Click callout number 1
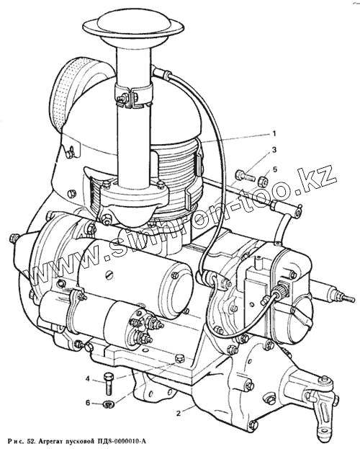pos(274,134)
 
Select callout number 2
pos(179,414)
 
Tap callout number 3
pos(274,150)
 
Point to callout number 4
pos(88,379)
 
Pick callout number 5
pos(275,169)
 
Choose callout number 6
pos(88,403)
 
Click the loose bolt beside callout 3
pos(246,175)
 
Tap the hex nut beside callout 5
pos(263,180)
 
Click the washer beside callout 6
pos(108,404)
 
